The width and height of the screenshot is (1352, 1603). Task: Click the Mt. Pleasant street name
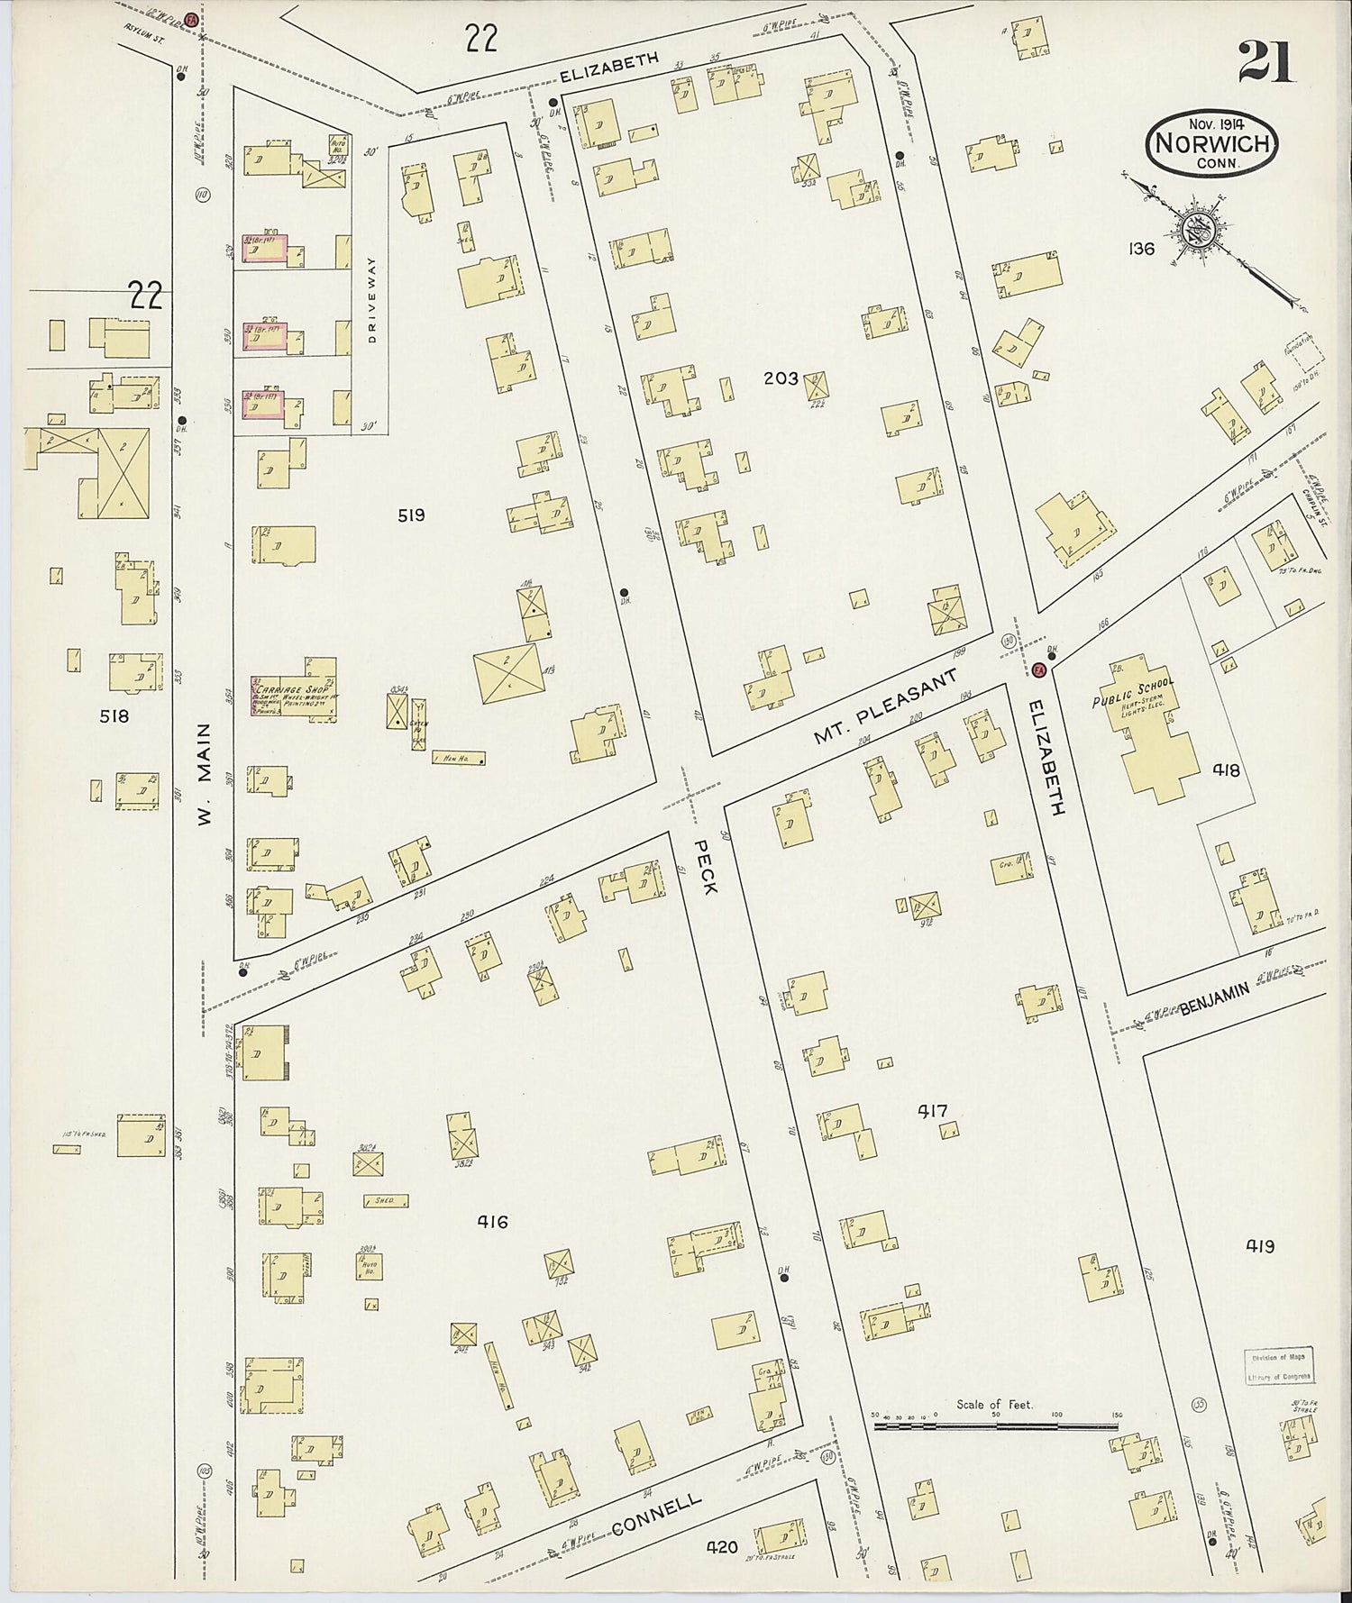(883, 711)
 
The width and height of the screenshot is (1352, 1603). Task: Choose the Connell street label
(655, 1515)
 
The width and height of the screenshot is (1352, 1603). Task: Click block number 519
(410, 515)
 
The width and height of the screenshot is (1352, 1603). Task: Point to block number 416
(492, 1222)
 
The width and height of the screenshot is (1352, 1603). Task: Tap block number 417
(932, 1111)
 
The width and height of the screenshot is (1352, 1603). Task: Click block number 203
(781, 378)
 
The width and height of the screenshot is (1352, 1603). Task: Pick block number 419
(1260, 1247)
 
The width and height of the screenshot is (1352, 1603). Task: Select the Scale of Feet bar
(995, 1427)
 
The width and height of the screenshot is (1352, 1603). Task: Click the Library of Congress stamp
(1281, 1367)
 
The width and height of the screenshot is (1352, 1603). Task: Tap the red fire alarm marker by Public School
(1038, 669)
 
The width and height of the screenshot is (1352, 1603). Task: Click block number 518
(114, 716)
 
